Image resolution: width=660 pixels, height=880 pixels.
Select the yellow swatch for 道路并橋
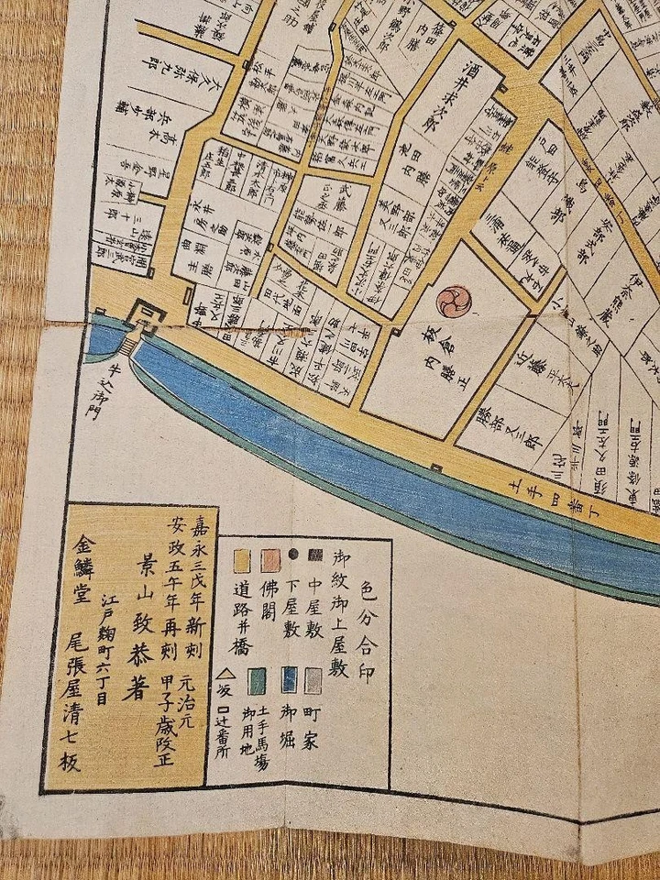coord(243,557)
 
